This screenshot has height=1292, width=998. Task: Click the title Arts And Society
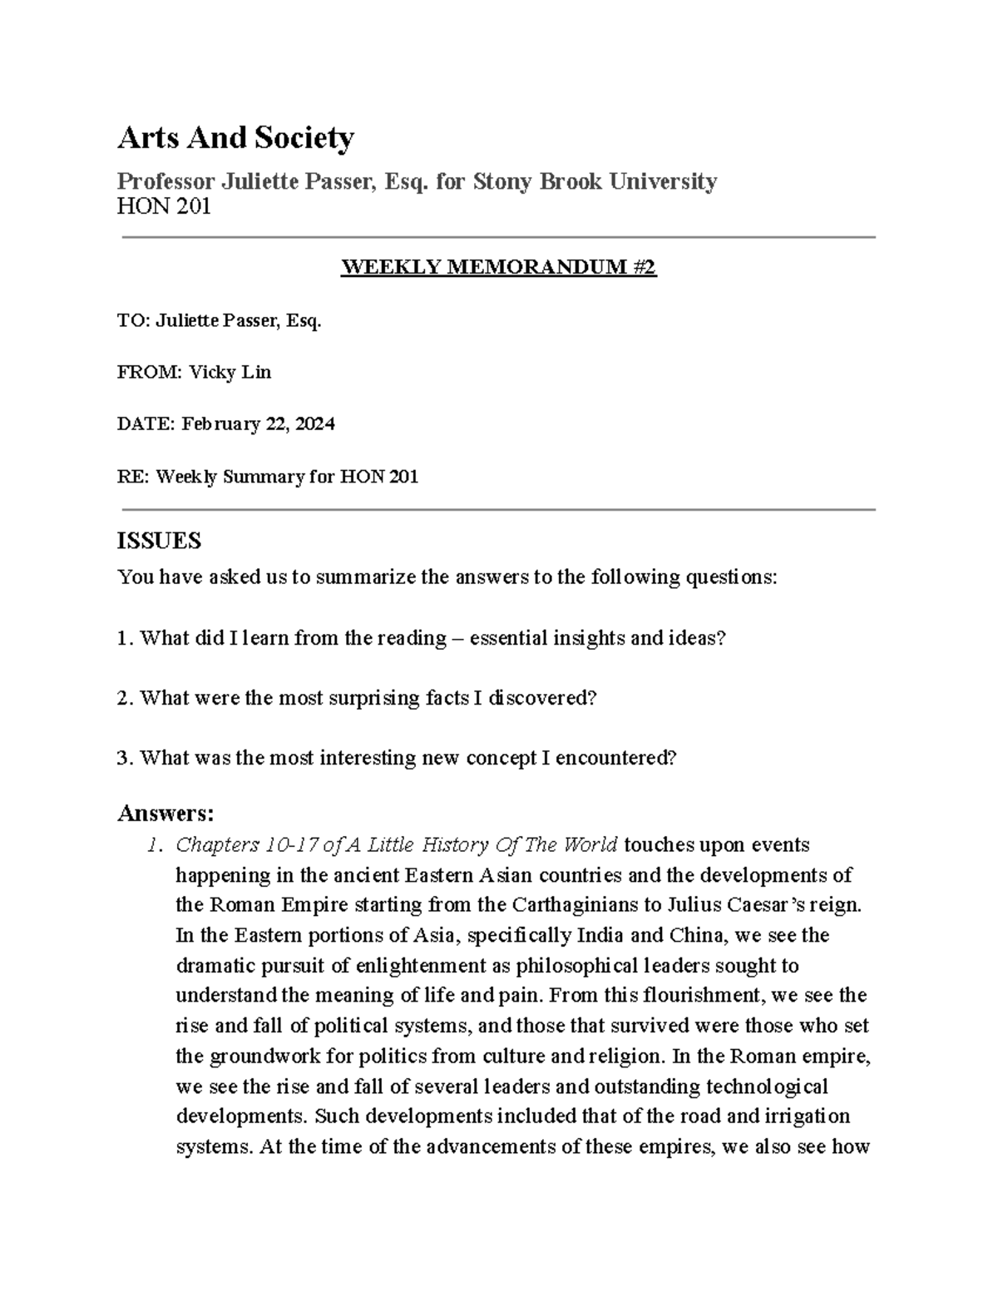(x=235, y=137)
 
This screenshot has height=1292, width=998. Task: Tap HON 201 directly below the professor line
(x=164, y=206)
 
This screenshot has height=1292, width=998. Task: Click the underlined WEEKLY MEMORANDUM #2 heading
(x=499, y=267)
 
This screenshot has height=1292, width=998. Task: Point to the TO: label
(x=134, y=321)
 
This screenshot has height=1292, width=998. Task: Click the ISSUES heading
(x=159, y=542)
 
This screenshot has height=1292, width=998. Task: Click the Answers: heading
(x=166, y=812)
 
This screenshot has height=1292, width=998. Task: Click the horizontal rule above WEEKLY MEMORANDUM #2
(x=499, y=238)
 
